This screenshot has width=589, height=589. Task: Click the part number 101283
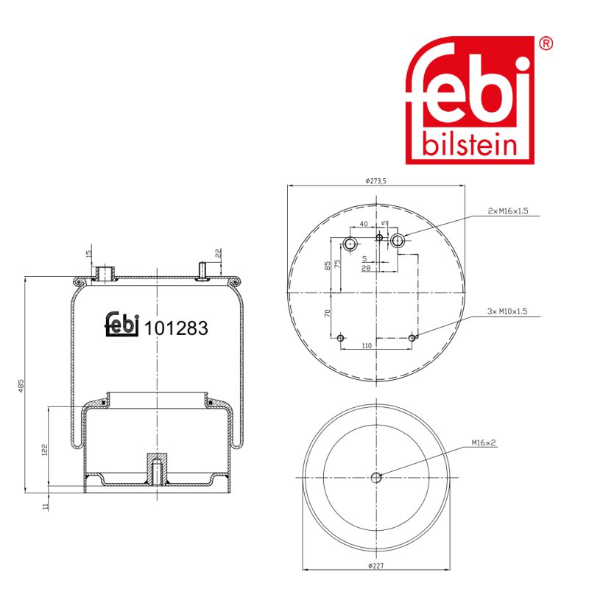(x=176, y=328)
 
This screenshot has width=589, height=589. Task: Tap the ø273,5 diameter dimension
(x=375, y=181)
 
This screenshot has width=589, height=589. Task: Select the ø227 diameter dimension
(x=375, y=565)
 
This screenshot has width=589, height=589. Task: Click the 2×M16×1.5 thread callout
(x=508, y=211)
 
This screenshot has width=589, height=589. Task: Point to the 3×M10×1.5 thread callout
(x=507, y=311)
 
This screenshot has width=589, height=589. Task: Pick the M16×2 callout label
(x=484, y=443)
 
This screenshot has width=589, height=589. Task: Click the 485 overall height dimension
(x=21, y=386)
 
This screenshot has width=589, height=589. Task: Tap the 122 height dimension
(x=45, y=450)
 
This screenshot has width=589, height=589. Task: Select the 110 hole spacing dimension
(x=367, y=345)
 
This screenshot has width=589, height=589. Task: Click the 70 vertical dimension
(x=327, y=313)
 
